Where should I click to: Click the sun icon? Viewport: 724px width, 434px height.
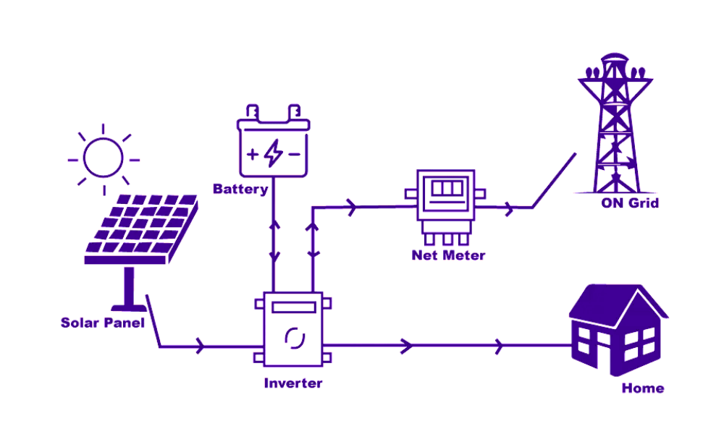(x=102, y=157)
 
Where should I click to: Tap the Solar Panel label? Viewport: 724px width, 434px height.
(x=102, y=323)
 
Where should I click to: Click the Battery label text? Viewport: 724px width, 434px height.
(x=240, y=190)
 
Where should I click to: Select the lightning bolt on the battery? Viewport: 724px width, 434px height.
(x=272, y=153)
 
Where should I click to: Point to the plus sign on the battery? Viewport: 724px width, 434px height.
(x=252, y=154)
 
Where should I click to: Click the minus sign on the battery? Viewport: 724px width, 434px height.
(x=293, y=154)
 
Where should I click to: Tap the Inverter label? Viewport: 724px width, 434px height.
(x=292, y=383)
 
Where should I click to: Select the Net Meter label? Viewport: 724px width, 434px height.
(x=448, y=255)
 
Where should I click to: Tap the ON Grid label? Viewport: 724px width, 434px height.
(x=630, y=203)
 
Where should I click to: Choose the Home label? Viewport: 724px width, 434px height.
(x=642, y=388)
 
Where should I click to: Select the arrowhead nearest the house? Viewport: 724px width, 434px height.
(x=499, y=346)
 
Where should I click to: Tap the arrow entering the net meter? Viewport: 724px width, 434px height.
(x=353, y=208)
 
